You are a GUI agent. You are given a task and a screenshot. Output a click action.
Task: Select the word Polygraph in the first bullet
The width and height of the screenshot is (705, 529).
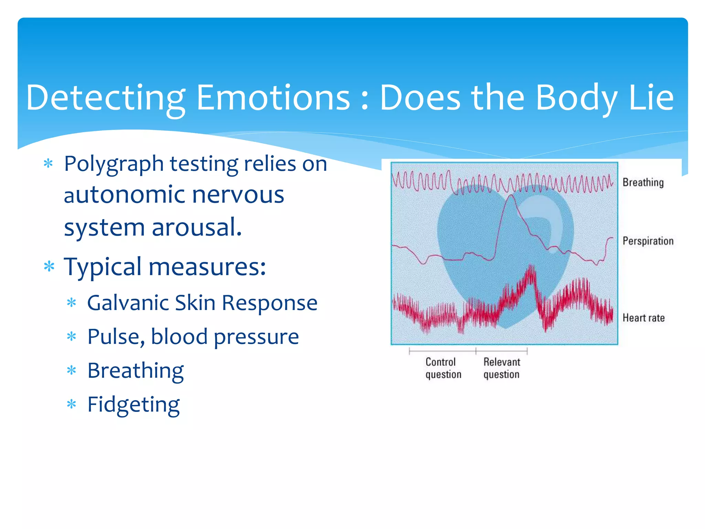pyautogui.click(x=114, y=165)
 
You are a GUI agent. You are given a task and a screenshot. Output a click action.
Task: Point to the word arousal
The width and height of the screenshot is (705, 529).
pyautogui.click(x=197, y=227)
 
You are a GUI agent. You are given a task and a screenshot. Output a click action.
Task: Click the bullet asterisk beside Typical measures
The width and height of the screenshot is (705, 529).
pyautogui.click(x=49, y=267)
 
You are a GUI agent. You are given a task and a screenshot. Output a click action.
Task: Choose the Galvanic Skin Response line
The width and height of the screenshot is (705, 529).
pyautogui.click(x=202, y=303)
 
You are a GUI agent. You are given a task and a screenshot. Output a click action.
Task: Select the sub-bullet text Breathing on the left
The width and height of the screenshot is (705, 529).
pyautogui.click(x=135, y=371)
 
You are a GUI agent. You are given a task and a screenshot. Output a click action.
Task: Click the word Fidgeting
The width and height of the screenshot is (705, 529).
pyautogui.click(x=133, y=405)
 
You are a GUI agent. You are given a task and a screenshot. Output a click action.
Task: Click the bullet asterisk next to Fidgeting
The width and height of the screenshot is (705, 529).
pyautogui.click(x=71, y=404)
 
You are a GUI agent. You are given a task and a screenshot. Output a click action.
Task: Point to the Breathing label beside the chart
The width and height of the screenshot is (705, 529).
pyautogui.click(x=643, y=183)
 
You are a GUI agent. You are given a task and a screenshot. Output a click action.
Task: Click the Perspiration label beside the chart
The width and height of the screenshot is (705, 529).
pyautogui.click(x=648, y=241)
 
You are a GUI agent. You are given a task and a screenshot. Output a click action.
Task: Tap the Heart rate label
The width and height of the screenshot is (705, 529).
pyautogui.click(x=643, y=318)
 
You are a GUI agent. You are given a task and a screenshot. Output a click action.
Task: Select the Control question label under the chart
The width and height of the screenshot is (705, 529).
pyautogui.click(x=443, y=368)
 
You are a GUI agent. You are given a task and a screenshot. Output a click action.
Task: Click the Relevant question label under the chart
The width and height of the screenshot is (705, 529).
pyautogui.click(x=502, y=368)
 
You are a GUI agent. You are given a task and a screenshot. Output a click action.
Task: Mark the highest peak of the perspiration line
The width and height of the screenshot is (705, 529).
pyautogui.click(x=512, y=196)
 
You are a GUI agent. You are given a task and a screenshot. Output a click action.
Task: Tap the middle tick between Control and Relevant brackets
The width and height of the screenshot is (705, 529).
pyautogui.click(x=476, y=351)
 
